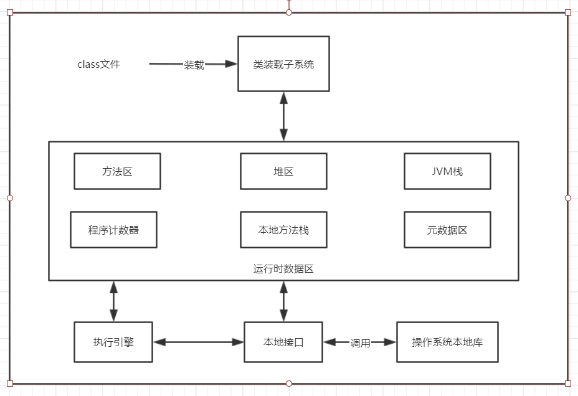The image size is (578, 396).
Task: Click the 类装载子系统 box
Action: point(283,64)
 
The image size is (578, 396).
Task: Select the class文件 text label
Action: point(98,64)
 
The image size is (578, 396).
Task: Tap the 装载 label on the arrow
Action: point(194,65)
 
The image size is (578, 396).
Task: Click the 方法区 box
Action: point(117,171)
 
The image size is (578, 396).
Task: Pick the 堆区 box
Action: point(283,171)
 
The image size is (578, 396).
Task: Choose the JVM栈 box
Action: point(447,171)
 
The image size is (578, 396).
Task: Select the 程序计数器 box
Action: point(113,230)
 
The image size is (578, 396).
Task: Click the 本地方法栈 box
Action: point(283,230)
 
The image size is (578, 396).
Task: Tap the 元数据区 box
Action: point(447,230)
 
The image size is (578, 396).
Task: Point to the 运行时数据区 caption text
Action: point(283,269)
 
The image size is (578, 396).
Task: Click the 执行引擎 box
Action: point(113,342)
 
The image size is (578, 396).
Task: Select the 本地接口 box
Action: point(283,342)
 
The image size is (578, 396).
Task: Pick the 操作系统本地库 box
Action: point(447,342)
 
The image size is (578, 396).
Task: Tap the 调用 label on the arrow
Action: point(360,343)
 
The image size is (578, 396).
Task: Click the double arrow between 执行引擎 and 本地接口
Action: point(198,342)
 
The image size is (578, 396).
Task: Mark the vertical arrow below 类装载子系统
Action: point(284,116)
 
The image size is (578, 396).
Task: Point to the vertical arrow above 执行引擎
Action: point(113,301)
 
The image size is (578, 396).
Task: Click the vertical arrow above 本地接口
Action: point(284,301)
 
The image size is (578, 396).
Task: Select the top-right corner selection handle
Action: point(567,12)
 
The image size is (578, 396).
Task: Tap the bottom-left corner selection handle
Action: point(9,384)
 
